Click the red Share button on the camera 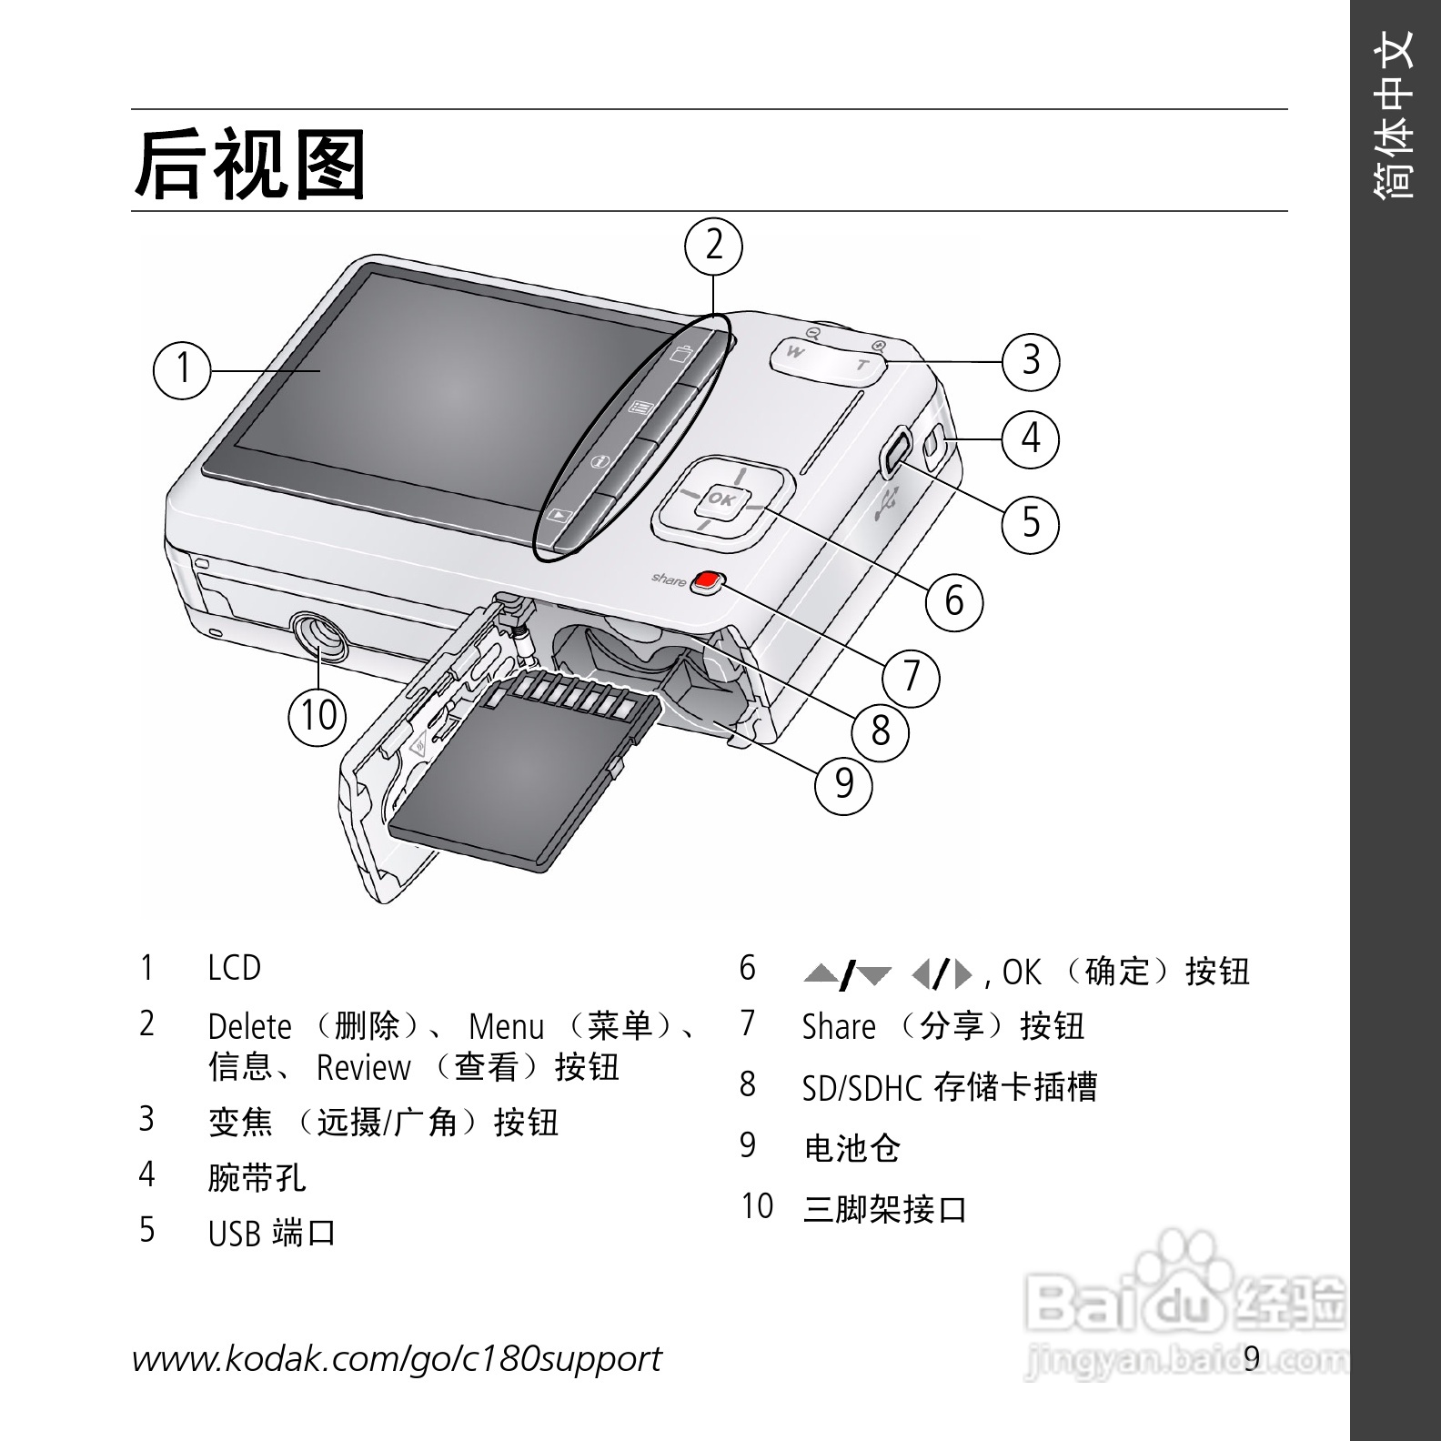pyautogui.click(x=707, y=581)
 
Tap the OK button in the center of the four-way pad pyautogui.click(x=720, y=499)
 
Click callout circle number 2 pyautogui.click(x=714, y=246)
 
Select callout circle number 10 pyautogui.click(x=318, y=715)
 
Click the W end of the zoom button pyautogui.click(x=796, y=352)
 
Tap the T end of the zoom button pyautogui.click(x=862, y=365)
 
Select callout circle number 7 pyautogui.click(x=912, y=677)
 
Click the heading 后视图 pyautogui.click(x=250, y=164)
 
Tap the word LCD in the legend pyautogui.click(x=234, y=968)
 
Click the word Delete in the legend pyautogui.click(x=249, y=1026)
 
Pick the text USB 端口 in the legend pyautogui.click(x=272, y=1234)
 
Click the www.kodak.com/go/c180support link pyautogui.click(x=397, y=1359)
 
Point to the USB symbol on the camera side pyautogui.click(x=885, y=502)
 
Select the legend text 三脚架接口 pyautogui.click(x=884, y=1209)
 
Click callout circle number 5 pyautogui.click(x=1031, y=522)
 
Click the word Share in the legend pyautogui.click(x=838, y=1026)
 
